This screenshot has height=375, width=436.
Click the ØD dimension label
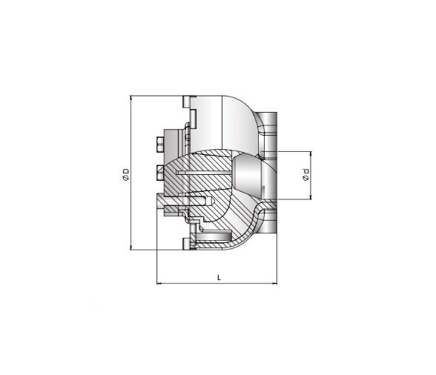coord(126,175)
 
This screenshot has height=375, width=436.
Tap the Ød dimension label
coord(305,175)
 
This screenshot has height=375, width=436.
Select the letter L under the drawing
coord(219,277)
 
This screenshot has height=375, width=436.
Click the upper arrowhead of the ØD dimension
coord(131,98)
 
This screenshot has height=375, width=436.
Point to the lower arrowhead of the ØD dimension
coord(131,248)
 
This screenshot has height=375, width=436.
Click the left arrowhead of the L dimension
coord(159,284)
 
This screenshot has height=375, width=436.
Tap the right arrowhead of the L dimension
coord(274,284)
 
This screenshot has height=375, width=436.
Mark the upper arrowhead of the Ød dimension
coord(311,153)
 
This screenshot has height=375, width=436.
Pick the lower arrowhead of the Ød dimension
coord(311,197)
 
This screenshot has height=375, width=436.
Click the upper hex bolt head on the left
coord(160,145)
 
